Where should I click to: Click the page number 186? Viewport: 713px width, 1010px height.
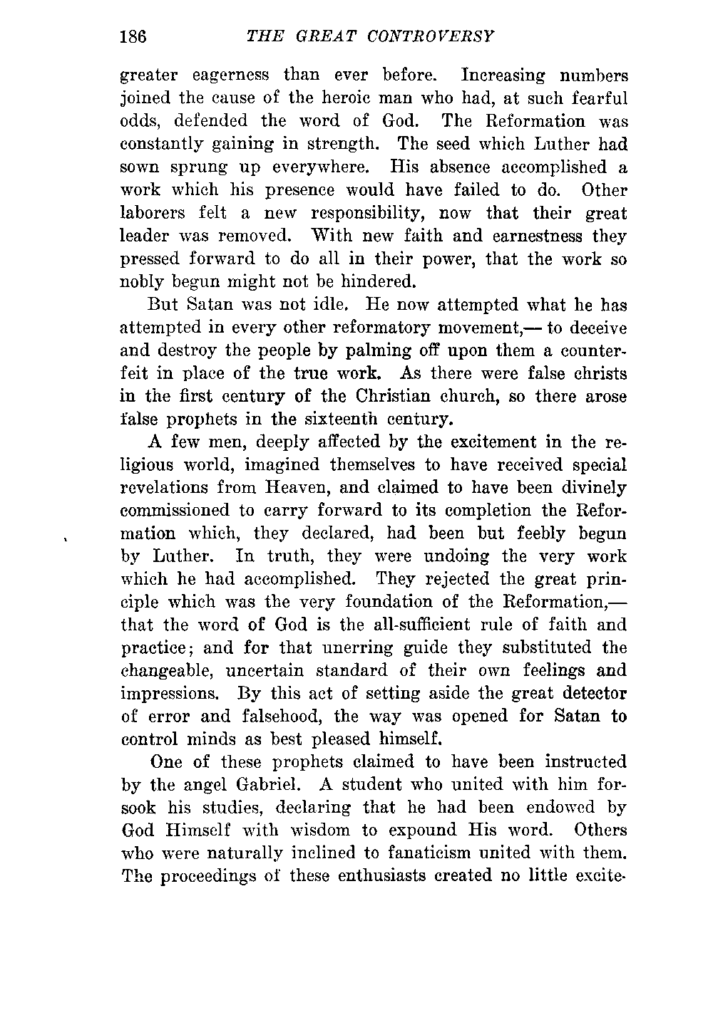133,36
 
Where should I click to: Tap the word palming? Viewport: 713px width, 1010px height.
399,351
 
